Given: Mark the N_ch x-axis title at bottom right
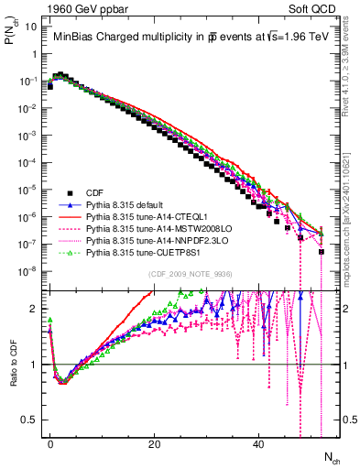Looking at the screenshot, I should coord(332,457).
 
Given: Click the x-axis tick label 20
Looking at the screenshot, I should coord(155,443).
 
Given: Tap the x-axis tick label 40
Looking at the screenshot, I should coord(259,443).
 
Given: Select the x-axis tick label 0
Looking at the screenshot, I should coord(50,443).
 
